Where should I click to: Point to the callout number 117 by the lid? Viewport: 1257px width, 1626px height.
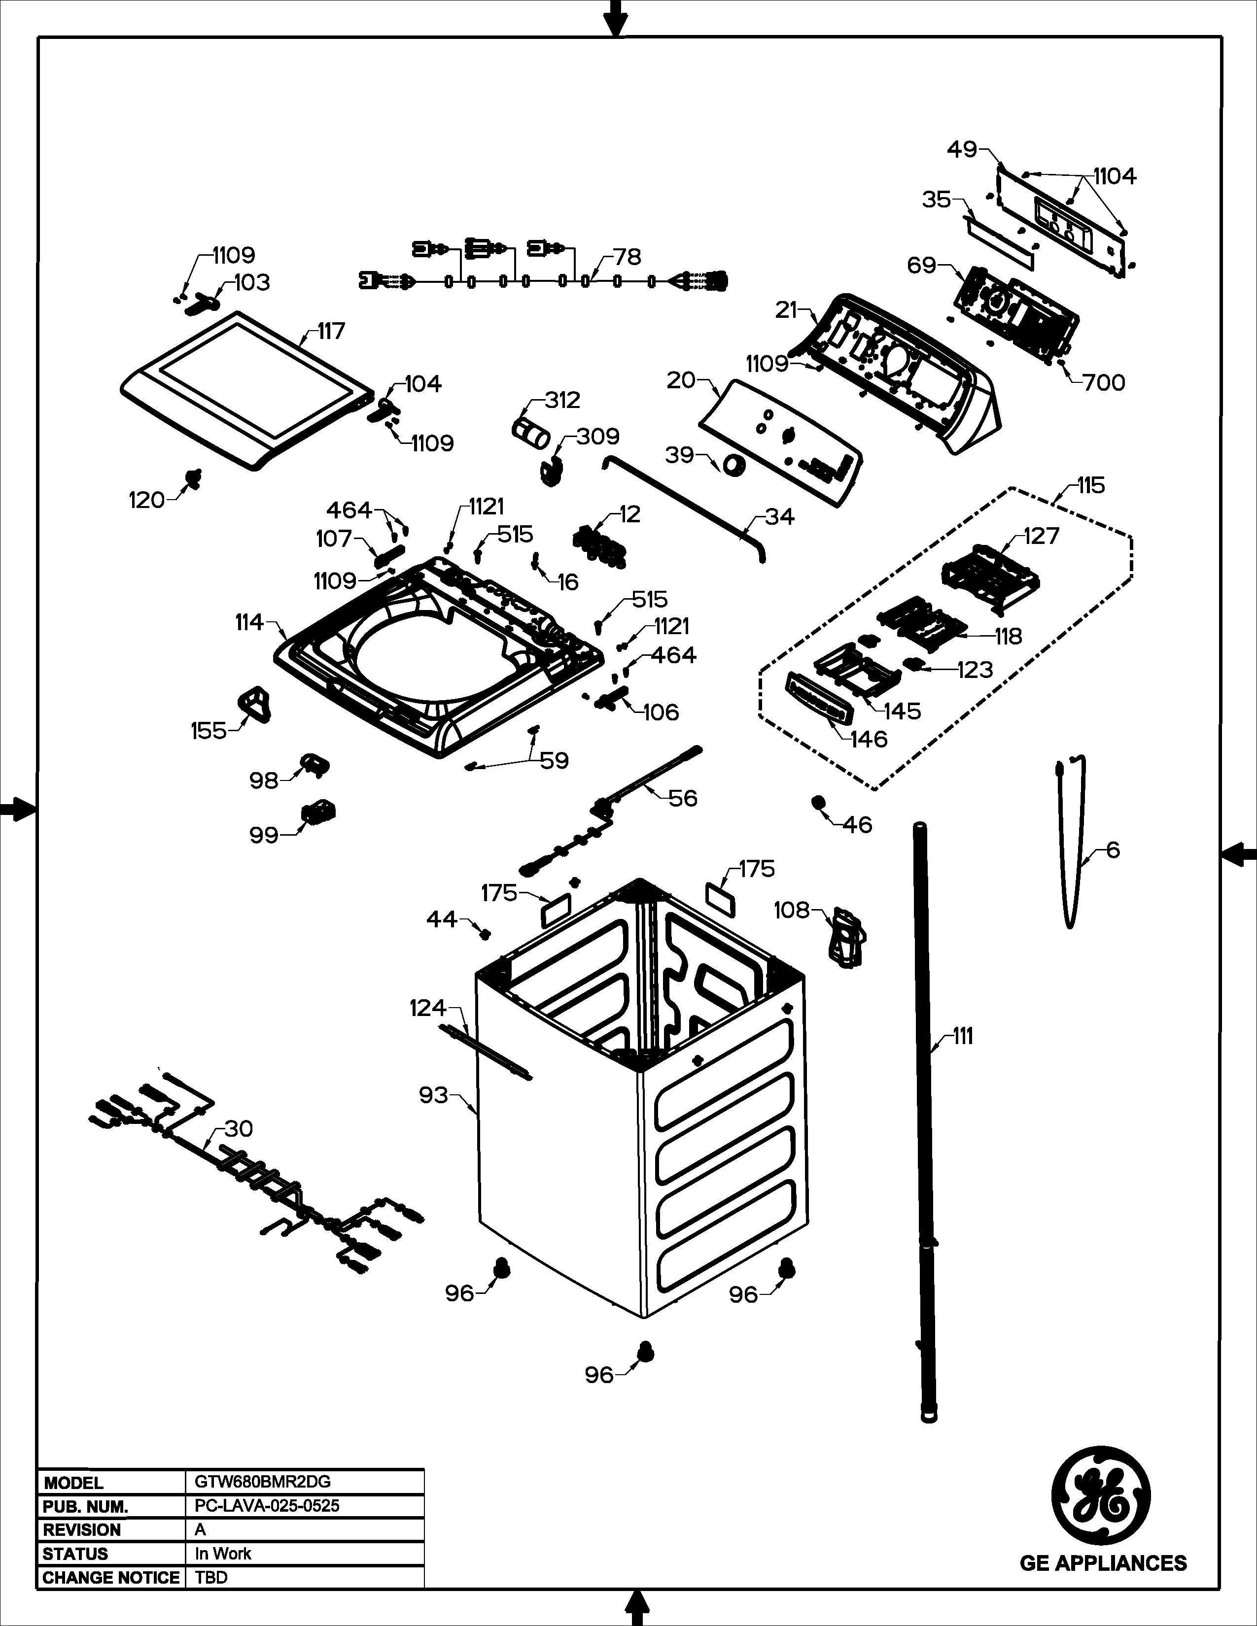point(331,331)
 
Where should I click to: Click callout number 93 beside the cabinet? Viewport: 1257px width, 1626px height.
point(433,1095)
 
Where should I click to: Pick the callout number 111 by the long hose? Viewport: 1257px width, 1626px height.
point(963,1036)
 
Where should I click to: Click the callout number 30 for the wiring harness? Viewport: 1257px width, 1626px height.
point(238,1129)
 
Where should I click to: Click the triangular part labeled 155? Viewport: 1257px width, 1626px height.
point(254,704)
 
